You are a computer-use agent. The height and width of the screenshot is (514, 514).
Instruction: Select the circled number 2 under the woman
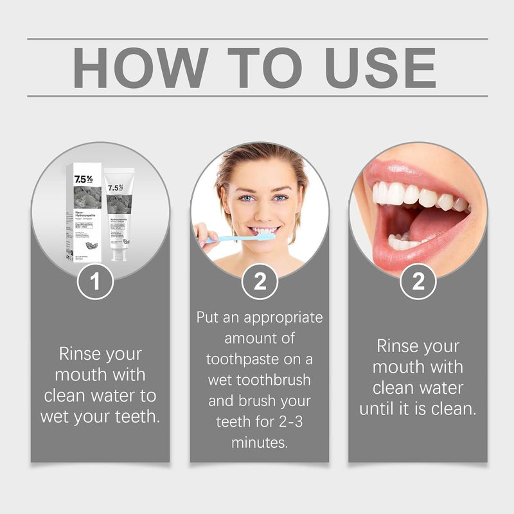(260, 282)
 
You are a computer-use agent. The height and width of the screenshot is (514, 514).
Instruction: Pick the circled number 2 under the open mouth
(418, 282)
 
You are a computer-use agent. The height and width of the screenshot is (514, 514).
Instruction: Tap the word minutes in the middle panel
(259, 442)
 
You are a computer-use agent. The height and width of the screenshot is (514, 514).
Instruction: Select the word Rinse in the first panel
(82, 353)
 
